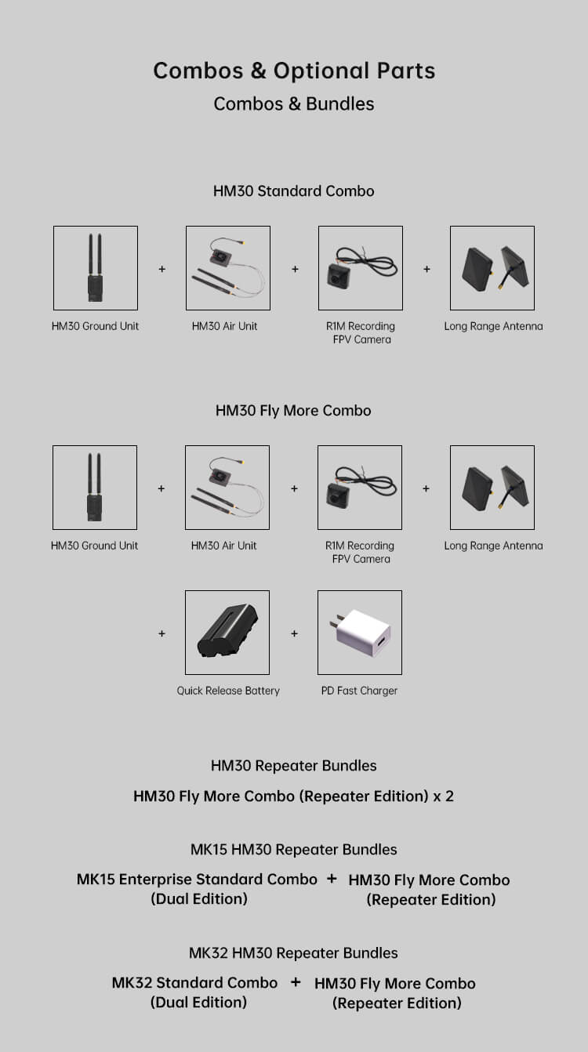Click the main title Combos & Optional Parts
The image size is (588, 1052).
click(x=294, y=71)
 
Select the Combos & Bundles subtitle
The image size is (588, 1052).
click(x=294, y=103)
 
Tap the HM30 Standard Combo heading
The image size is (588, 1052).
click(x=294, y=191)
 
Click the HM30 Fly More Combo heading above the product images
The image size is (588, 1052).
click(x=293, y=411)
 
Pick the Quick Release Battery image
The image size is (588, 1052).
click(x=227, y=633)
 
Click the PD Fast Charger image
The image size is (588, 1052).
click(x=360, y=633)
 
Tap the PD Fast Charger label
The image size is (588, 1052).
click(x=360, y=691)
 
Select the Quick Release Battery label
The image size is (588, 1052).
click(x=228, y=691)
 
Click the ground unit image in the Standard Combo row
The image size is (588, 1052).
click(x=96, y=268)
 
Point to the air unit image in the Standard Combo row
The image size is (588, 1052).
click(x=228, y=268)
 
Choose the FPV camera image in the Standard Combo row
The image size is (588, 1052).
click(x=361, y=268)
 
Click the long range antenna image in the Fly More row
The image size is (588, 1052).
click(x=492, y=488)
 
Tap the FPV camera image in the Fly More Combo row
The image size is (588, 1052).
click(x=360, y=488)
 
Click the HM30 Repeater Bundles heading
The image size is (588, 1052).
click(x=294, y=766)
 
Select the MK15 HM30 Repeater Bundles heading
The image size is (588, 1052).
click(x=294, y=850)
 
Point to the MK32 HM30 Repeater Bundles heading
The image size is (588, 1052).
click(x=294, y=953)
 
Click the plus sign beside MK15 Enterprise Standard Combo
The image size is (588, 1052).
click(x=332, y=879)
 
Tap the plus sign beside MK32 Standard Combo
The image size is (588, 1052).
click(x=296, y=982)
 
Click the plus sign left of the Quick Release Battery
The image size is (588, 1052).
click(x=162, y=633)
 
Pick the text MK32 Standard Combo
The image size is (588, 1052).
click(x=194, y=983)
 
